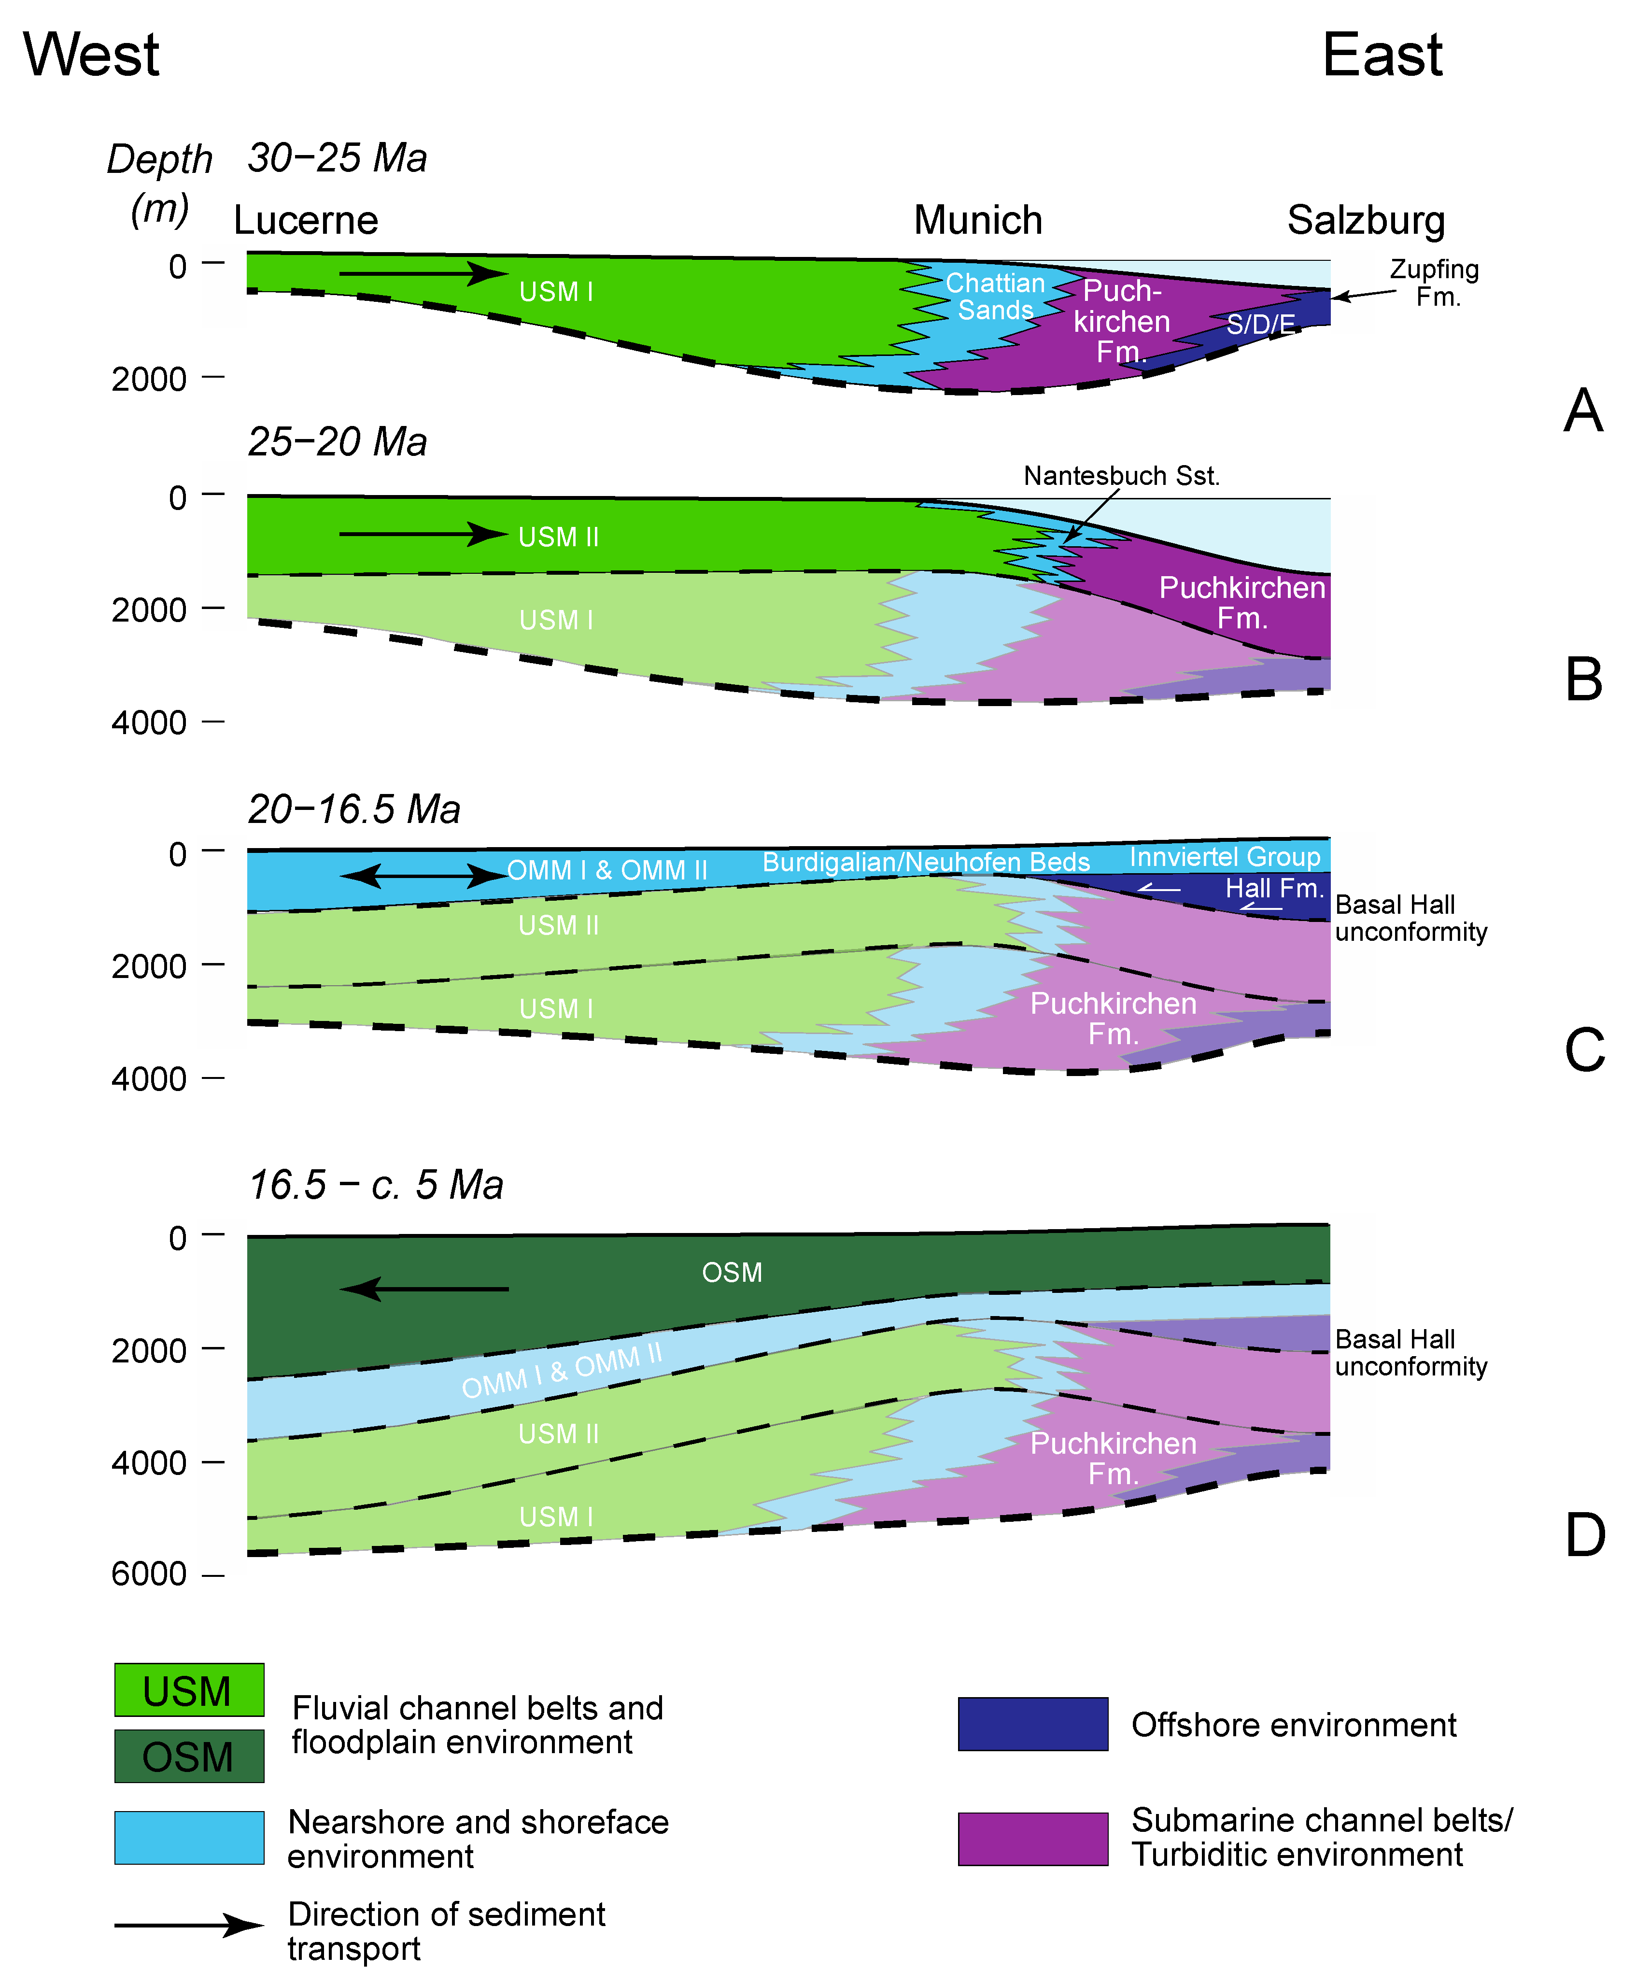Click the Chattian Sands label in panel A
[995, 297]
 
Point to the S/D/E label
[1260, 325]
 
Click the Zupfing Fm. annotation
[1434, 283]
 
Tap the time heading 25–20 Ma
[338, 442]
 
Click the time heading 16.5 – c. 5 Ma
[375, 1185]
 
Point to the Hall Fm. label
[1274, 888]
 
